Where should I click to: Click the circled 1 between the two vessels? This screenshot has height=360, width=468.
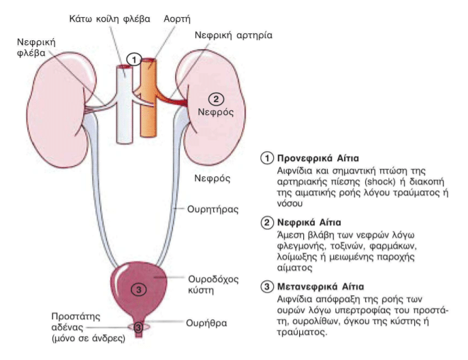pos(136,60)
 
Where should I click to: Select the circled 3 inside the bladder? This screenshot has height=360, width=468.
pos(138,289)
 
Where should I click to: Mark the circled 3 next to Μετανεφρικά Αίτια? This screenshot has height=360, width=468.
pos(268,287)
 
